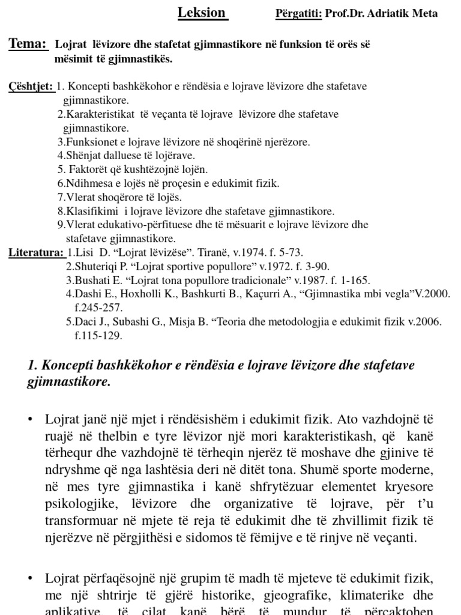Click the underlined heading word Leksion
click(x=202, y=13)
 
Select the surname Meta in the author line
click(x=425, y=14)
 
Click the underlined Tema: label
click(x=28, y=44)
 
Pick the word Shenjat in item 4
click(x=85, y=156)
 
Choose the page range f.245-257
click(x=98, y=307)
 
